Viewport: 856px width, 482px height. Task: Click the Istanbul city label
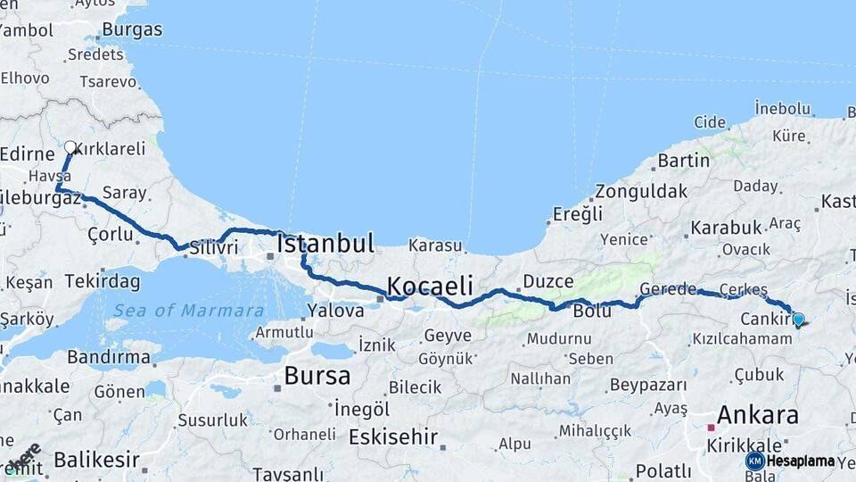pyautogui.click(x=325, y=243)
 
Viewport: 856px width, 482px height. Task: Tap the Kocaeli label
pyautogui.click(x=429, y=286)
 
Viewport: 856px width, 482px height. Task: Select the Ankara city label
pyautogui.click(x=757, y=415)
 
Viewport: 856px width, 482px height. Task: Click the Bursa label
pyautogui.click(x=317, y=376)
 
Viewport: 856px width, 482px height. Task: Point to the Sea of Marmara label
pyautogui.click(x=188, y=311)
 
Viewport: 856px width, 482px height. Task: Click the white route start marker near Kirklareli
pyautogui.click(x=70, y=147)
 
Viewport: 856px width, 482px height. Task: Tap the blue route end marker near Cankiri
pyautogui.click(x=798, y=319)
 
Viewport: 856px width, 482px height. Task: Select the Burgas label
pyautogui.click(x=132, y=29)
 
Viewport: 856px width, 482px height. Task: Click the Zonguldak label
pyautogui.click(x=641, y=191)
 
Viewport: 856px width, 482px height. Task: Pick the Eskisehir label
pyautogui.click(x=393, y=437)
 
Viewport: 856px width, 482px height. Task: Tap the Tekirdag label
pyautogui.click(x=103, y=282)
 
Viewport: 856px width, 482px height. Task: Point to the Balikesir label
pyautogui.click(x=96, y=461)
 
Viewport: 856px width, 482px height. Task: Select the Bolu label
pyautogui.click(x=592, y=311)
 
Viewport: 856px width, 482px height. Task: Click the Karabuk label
pyautogui.click(x=726, y=228)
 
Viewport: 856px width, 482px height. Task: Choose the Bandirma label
pyautogui.click(x=109, y=357)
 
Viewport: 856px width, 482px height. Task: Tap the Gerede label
pyautogui.click(x=668, y=289)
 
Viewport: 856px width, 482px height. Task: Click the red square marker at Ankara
pyautogui.click(x=711, y=428)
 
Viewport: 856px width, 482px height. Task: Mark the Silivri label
pyautogui.click(x=213, y=247)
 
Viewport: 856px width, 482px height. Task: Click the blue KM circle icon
pyautogui.click(x=754, y=461)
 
